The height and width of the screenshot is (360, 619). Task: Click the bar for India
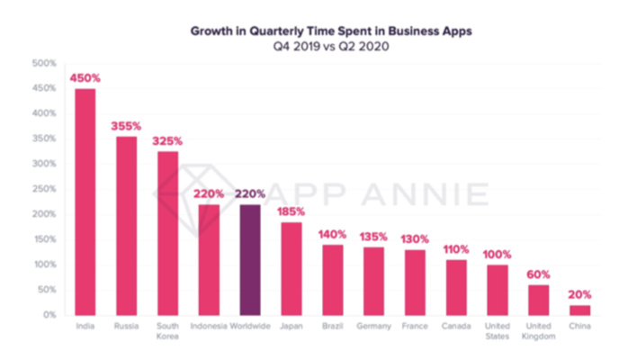[85, 202]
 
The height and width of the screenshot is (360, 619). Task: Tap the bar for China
[580, 310]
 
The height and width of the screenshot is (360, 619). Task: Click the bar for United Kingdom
[539, 300]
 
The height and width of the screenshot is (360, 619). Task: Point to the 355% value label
[126, 126]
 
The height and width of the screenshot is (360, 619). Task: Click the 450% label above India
[85, 78]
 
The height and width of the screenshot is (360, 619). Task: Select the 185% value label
[291, 211]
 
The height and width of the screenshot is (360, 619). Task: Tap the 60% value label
[539, 274]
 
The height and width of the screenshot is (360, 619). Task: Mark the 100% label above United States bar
[498, 255]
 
